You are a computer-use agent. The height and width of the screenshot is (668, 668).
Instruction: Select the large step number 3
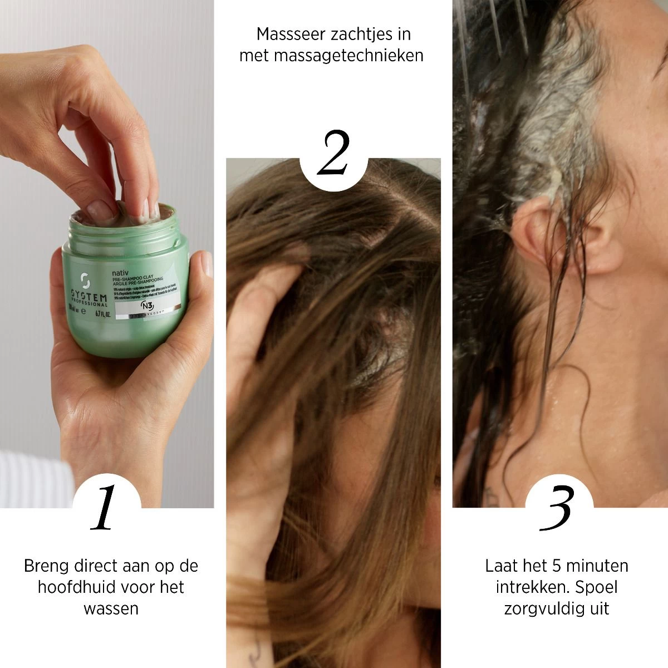tap(557, 508)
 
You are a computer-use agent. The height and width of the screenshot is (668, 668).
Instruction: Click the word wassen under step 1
tap(111, 608)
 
